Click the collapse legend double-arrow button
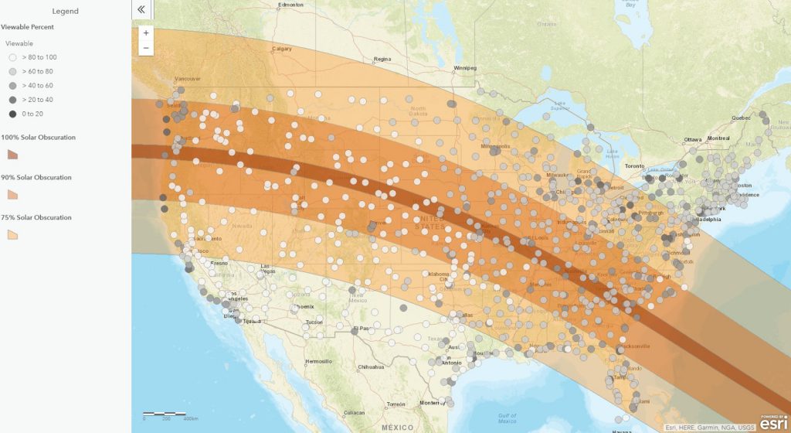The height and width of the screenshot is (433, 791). click(141, 9)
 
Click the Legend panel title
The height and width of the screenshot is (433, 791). click(66, 11)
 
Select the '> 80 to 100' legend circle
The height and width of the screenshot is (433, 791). click(12, 57)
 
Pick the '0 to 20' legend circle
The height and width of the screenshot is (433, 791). click(12, 114)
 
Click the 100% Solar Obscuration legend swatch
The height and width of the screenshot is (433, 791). click(12, 155)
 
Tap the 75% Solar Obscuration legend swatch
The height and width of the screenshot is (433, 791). click(12, 234)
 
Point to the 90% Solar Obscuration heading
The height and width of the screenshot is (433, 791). click(36, 177)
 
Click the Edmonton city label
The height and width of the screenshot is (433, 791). click(290, 5)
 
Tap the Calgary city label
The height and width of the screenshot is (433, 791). click(282, 49)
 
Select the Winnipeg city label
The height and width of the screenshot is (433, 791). click(465, 66)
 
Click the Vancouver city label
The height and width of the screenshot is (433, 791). click(188, 79)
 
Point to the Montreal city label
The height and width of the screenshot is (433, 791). click(718, 138)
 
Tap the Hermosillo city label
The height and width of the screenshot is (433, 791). click(318, 361)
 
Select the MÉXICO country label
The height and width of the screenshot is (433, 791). click(397, 427)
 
